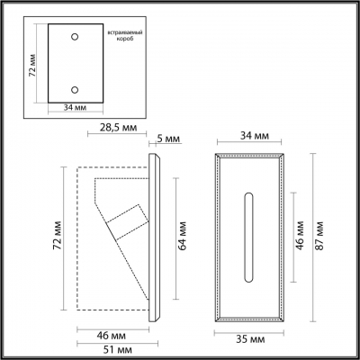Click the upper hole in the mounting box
pos(74,39)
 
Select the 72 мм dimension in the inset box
pos(31,65)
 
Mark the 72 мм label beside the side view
pos(55,237)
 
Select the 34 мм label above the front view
pos(251,136)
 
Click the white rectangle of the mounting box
pos(74,64)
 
